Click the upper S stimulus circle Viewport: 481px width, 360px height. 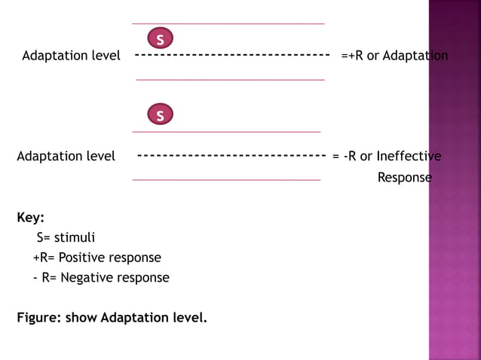click(160, 38)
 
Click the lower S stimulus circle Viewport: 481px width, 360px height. click(160, 115)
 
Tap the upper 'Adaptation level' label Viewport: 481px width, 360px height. click(71, 56)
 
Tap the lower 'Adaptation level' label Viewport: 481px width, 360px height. click(66, 156)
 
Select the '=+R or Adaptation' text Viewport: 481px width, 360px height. click(394, 56)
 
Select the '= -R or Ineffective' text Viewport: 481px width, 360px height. click(387, 156)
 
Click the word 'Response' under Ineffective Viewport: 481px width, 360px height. click(404, 178)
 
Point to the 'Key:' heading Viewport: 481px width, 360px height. click(31, 218)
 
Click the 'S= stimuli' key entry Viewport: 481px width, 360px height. click(66, 238)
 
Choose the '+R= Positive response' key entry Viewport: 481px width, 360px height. click(97, 258)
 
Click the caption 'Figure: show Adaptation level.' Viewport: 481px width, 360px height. click(112, 317)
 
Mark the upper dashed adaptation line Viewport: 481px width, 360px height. click(232, 55)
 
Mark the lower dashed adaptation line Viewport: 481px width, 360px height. click(231, 156)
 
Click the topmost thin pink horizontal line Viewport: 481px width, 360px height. click(228, 24)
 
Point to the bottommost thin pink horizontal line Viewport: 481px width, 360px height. click(226, 180)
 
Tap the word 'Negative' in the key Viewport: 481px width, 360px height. click(87, 277)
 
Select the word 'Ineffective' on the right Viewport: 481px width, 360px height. click(409, 156)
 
